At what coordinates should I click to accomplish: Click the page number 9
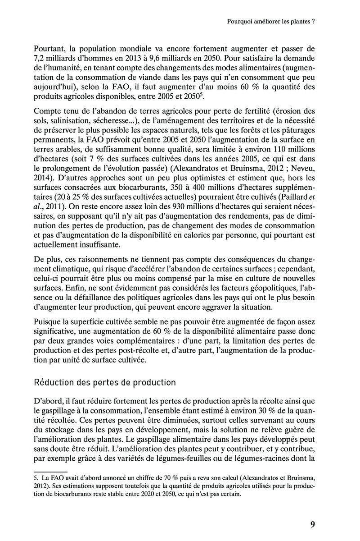312,524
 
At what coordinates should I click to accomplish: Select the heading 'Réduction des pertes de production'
105,382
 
